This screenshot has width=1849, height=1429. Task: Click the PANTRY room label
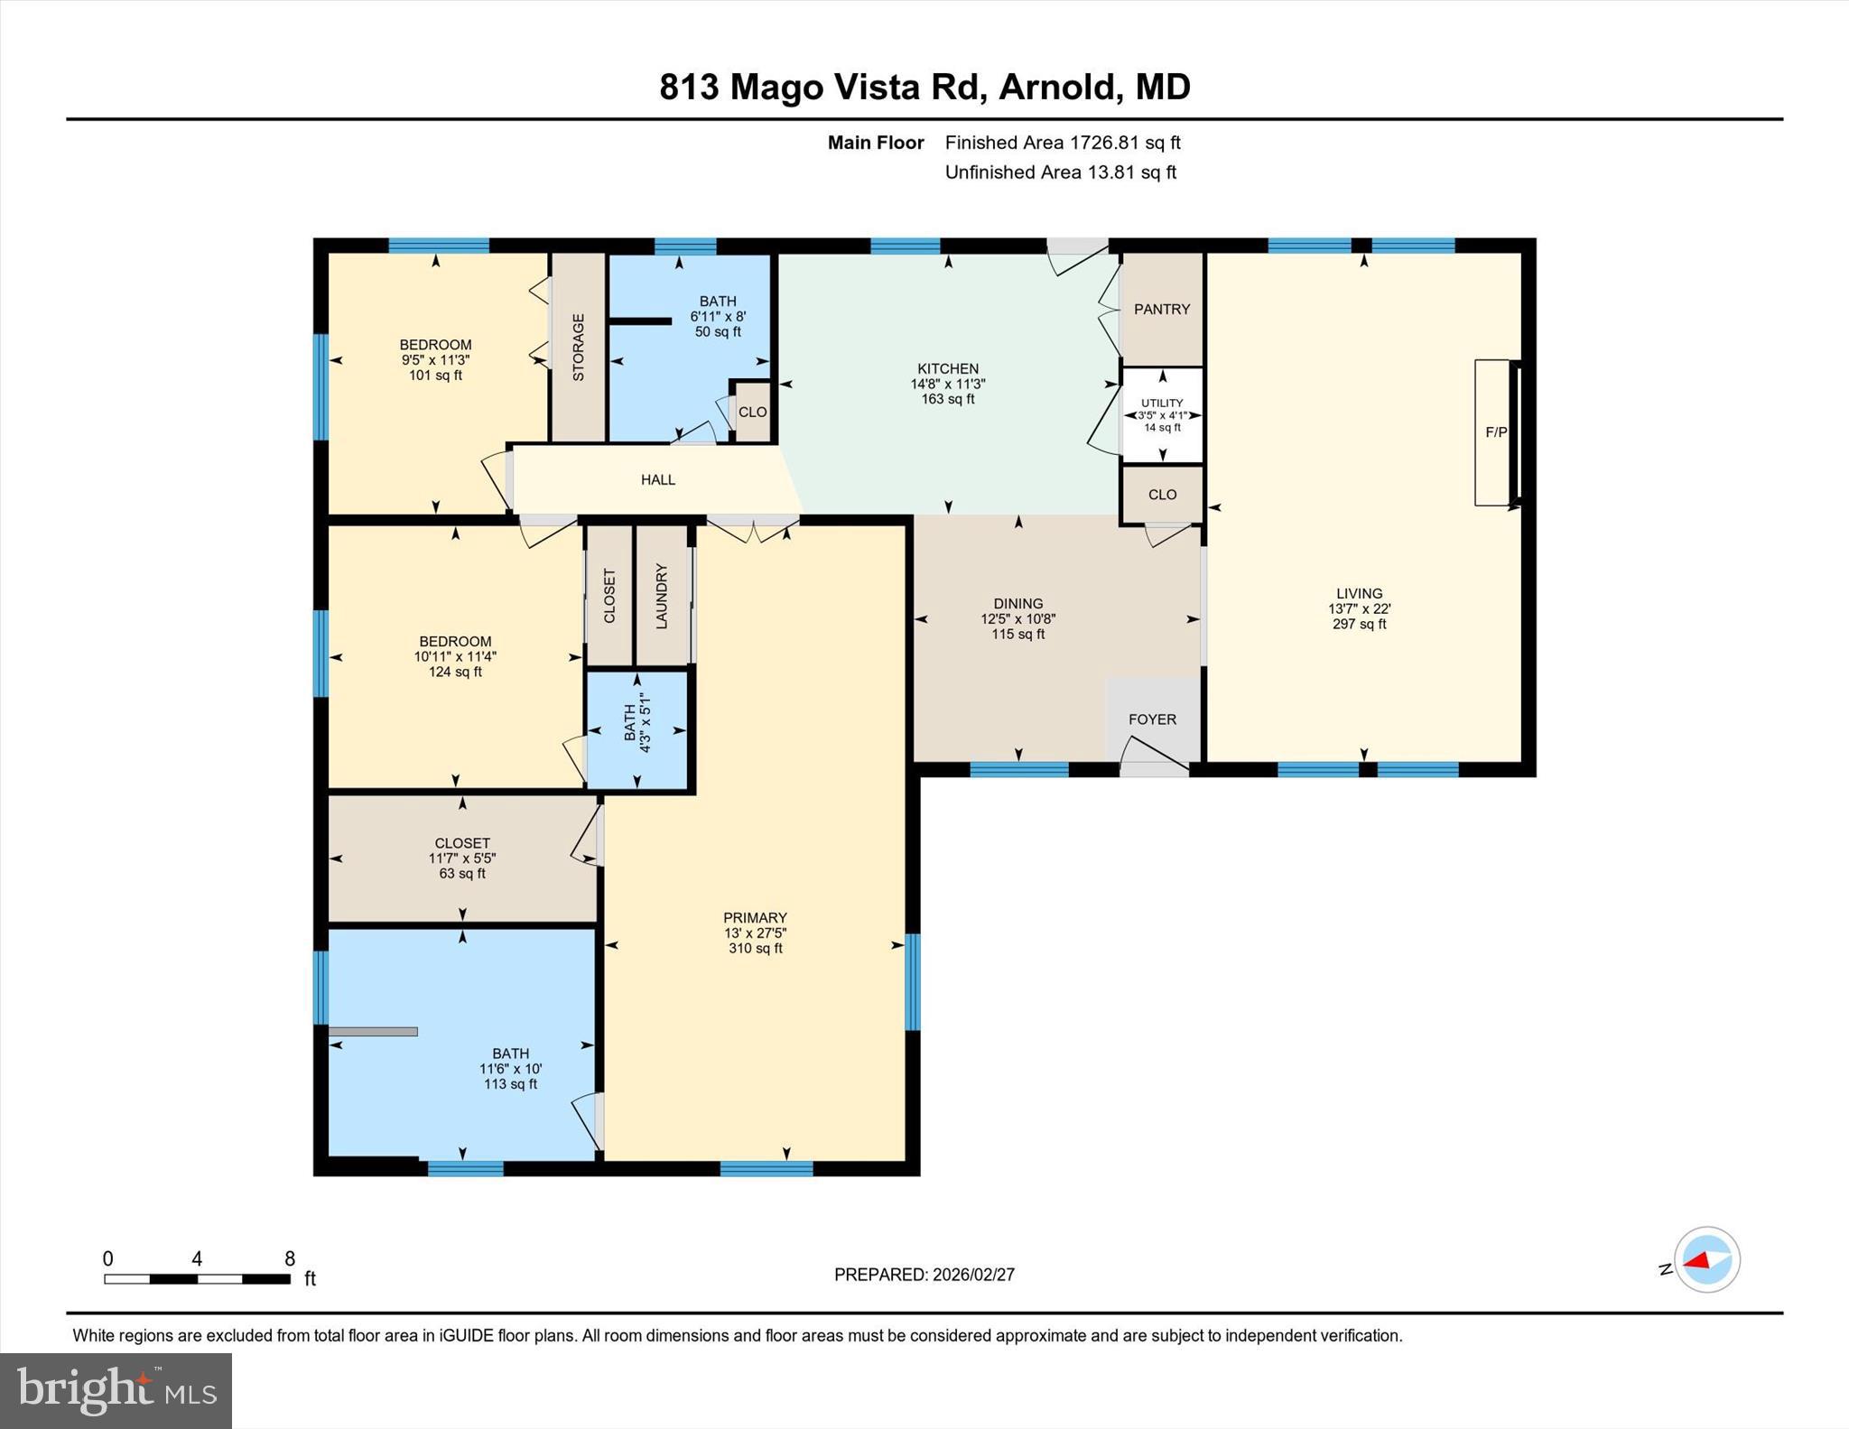[1162, 309]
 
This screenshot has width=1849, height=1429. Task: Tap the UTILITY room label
[1162, 403]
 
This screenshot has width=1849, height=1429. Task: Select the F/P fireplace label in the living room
[1496, 432]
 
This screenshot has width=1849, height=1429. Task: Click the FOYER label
[1152, 719]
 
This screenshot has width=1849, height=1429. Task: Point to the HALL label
[658, 479]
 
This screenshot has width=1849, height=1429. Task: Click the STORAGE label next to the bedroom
[579, 348]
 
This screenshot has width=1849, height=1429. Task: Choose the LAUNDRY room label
[662, 597]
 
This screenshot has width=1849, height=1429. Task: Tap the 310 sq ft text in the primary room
[756, 948]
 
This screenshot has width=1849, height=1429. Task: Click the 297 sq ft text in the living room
[1359, 624]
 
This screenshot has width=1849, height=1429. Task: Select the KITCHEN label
[948, 368]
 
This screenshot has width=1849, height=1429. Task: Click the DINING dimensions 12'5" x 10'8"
[1018, 619]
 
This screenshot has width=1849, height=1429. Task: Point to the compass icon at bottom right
[1706, 1259]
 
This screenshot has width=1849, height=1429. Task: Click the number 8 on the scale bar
[290, 1259]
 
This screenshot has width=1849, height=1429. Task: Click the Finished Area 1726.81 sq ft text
[1063, 143]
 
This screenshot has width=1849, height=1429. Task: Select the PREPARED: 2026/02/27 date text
[924, 1275]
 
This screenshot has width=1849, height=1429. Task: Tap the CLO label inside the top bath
[752, 412]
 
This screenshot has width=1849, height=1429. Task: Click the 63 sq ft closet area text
[462, 873]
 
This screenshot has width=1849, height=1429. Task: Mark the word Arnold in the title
[1056, 88]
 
